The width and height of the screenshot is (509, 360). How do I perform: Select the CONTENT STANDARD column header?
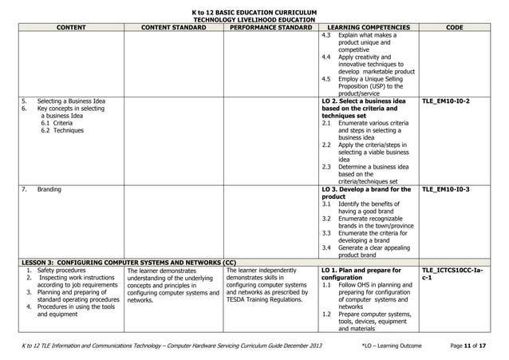point(170,26)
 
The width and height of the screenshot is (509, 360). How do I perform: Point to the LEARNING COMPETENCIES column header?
point(368,26)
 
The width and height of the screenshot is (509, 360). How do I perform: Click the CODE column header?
point(456,26)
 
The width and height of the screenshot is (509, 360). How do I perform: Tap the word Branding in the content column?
point(50,189)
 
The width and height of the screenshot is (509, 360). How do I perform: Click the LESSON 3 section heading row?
point(128,262)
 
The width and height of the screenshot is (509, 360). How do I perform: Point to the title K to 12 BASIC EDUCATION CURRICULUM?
point(254,12)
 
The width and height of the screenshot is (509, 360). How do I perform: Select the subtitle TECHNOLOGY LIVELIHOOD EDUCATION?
point(254,19)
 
